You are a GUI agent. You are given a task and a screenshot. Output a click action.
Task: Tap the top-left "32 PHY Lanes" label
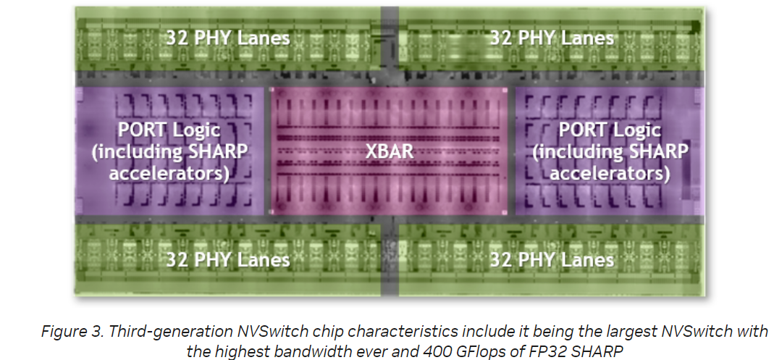(x=227, y=38)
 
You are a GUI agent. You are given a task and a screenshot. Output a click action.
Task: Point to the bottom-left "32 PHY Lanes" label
(x=227, y=259)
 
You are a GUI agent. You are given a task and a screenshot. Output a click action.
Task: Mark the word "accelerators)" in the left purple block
(x=169, y=174)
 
